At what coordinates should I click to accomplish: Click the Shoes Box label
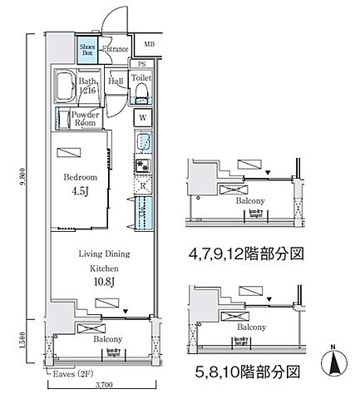87,50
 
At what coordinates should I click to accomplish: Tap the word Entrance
114,49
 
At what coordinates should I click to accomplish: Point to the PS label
141,63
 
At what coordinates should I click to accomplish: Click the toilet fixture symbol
141,87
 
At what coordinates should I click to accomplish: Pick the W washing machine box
142,117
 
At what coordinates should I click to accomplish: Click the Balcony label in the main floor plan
107,339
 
